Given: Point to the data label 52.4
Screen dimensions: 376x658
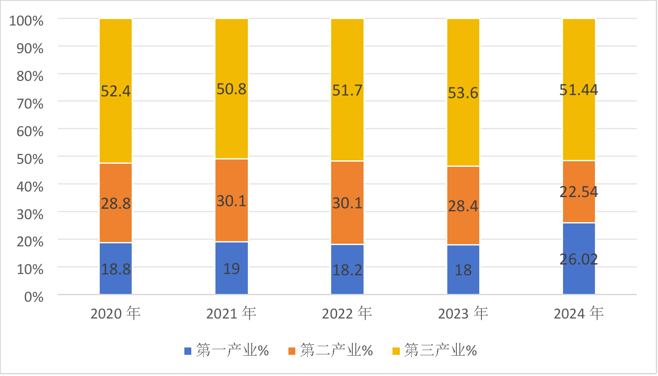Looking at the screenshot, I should pyautogui.click(x=116, y=91).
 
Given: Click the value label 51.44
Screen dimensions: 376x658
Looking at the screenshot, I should pyautogui.click(x=579, y=90).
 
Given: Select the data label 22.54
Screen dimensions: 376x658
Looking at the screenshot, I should pyautogui.click(x=579, y=191).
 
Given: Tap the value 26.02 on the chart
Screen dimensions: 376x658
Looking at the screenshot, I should pyautogui.click(x=579, y=259).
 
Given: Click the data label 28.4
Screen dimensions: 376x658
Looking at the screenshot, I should pyautogui.click(x=463, y=206).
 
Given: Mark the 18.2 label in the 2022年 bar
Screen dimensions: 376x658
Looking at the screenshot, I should pyautogui.click(x=347, y=270).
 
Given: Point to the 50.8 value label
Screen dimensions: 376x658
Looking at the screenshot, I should pyautogui.click(x=231, y=89).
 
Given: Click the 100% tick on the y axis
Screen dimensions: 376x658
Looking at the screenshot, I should pyautogui.click(x=26, y=20).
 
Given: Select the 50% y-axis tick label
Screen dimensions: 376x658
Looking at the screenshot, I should pyautogui.click(x=30, y=159).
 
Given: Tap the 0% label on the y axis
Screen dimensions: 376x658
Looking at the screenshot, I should pyautogui.click(x=34, y=296).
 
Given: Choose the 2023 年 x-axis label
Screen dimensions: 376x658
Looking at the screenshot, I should pyautogui.click(x=463, y=313).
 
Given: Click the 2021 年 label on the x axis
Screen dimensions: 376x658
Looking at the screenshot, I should pyautogui.click(x=231, y=313).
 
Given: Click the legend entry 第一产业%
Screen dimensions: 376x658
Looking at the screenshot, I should pyautogui.click(x=232, y=350).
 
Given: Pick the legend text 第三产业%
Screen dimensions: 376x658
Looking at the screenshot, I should pyautogui.click(x=440, y=350).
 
